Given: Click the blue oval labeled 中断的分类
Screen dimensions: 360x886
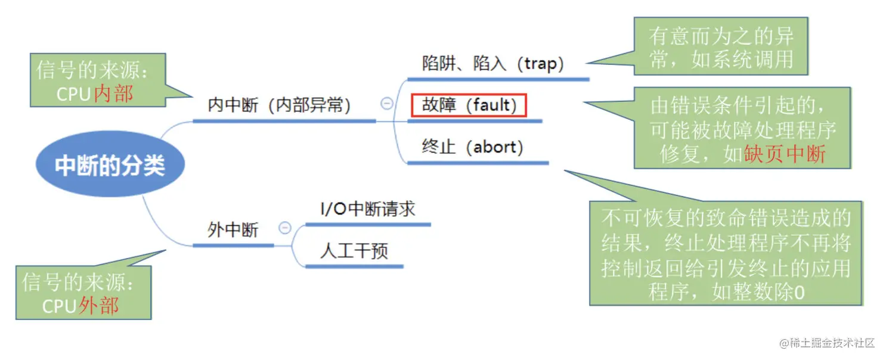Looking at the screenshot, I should click(x=110, y=165).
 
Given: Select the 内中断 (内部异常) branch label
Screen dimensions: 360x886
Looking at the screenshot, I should click(x=279, y=105).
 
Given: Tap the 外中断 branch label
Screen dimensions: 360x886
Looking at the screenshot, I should click(x=233, y=229).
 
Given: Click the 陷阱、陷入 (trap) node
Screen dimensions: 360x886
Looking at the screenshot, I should click(x=492, y=64).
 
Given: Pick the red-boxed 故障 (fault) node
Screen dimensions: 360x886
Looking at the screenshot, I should click(x=469, y=105).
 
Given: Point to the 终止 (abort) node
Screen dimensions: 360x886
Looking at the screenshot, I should click(x=472, y=147).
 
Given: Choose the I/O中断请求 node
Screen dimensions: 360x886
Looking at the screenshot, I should click(x=367, y=209).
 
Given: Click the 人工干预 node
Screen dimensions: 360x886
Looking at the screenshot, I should click(x=354, y=250).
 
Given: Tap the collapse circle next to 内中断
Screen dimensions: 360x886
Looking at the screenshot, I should click(x=386, y=104).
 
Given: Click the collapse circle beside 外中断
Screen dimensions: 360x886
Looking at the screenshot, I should click(x=285, y=228).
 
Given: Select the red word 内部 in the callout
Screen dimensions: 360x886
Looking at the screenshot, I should click(x=113, y=94).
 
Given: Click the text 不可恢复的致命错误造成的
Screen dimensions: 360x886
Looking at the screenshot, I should click(x=726, y=218).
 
